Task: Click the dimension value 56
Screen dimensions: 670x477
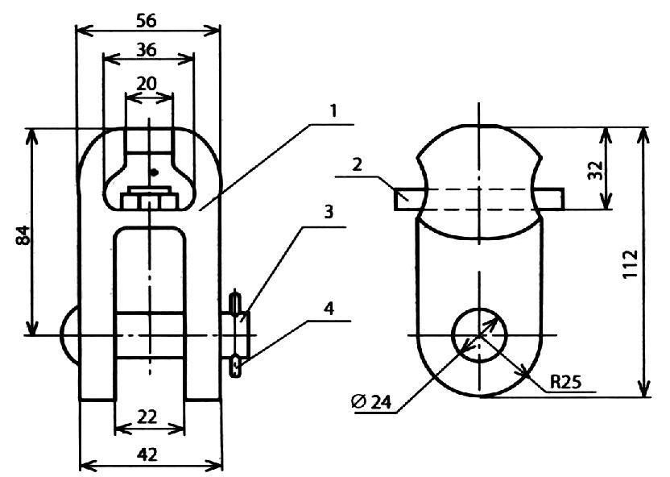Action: pyautogui.click(x=147, y=20)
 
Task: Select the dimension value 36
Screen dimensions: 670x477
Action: pyautogui.click(x=147, y=50)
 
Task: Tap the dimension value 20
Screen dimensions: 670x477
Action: pyautogui.click(x=147, y=83)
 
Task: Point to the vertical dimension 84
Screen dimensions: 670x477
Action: pyautogui.click(x=23, y=234)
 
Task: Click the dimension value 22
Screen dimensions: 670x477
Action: pyautogui.click(x=147, y=417)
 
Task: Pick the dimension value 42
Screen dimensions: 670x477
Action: pyautogui.click(x=147, y=454)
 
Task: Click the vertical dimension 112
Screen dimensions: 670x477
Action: pyautogui.click(x=630, y=264)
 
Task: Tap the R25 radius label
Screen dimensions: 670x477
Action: pyautogui.click(x=565, y=382)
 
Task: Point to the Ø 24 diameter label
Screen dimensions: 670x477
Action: pyautogui.click(x=371, y=402)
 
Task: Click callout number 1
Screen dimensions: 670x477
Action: pyautogui.click(x=333, y=110)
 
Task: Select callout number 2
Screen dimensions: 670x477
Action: pyautogui.click(x=358, y=164)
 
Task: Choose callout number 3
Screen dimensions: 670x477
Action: pyautogui.click(x=329, y=212)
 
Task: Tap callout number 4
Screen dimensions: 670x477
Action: pyautogui.click(x=329, y=308)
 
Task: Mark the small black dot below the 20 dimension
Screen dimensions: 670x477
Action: pyautogui.click(x=155, y=172)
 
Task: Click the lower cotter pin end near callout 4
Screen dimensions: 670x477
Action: pyautogui.click(x=235, y=366)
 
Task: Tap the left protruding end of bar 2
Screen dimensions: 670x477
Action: pyautogui.click(x=408, y=199)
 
